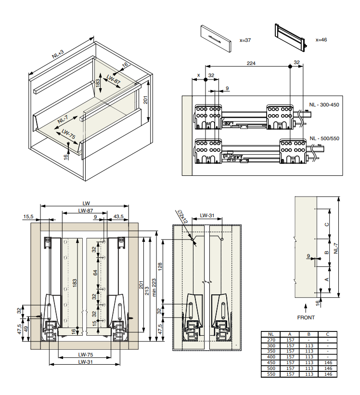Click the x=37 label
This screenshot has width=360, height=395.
[245, 40]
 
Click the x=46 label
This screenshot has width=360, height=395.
[321, 40]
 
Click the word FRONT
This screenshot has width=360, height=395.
[306, 317]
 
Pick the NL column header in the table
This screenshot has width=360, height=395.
[271, 334]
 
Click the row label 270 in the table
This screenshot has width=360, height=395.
[271, 340]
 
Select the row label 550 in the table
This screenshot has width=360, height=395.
[271, 374]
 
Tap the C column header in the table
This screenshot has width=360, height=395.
[327, 334]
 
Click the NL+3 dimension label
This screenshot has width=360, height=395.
[58, 53]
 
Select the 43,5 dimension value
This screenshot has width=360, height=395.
[118, 216]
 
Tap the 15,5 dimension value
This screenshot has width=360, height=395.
[28, 216]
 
